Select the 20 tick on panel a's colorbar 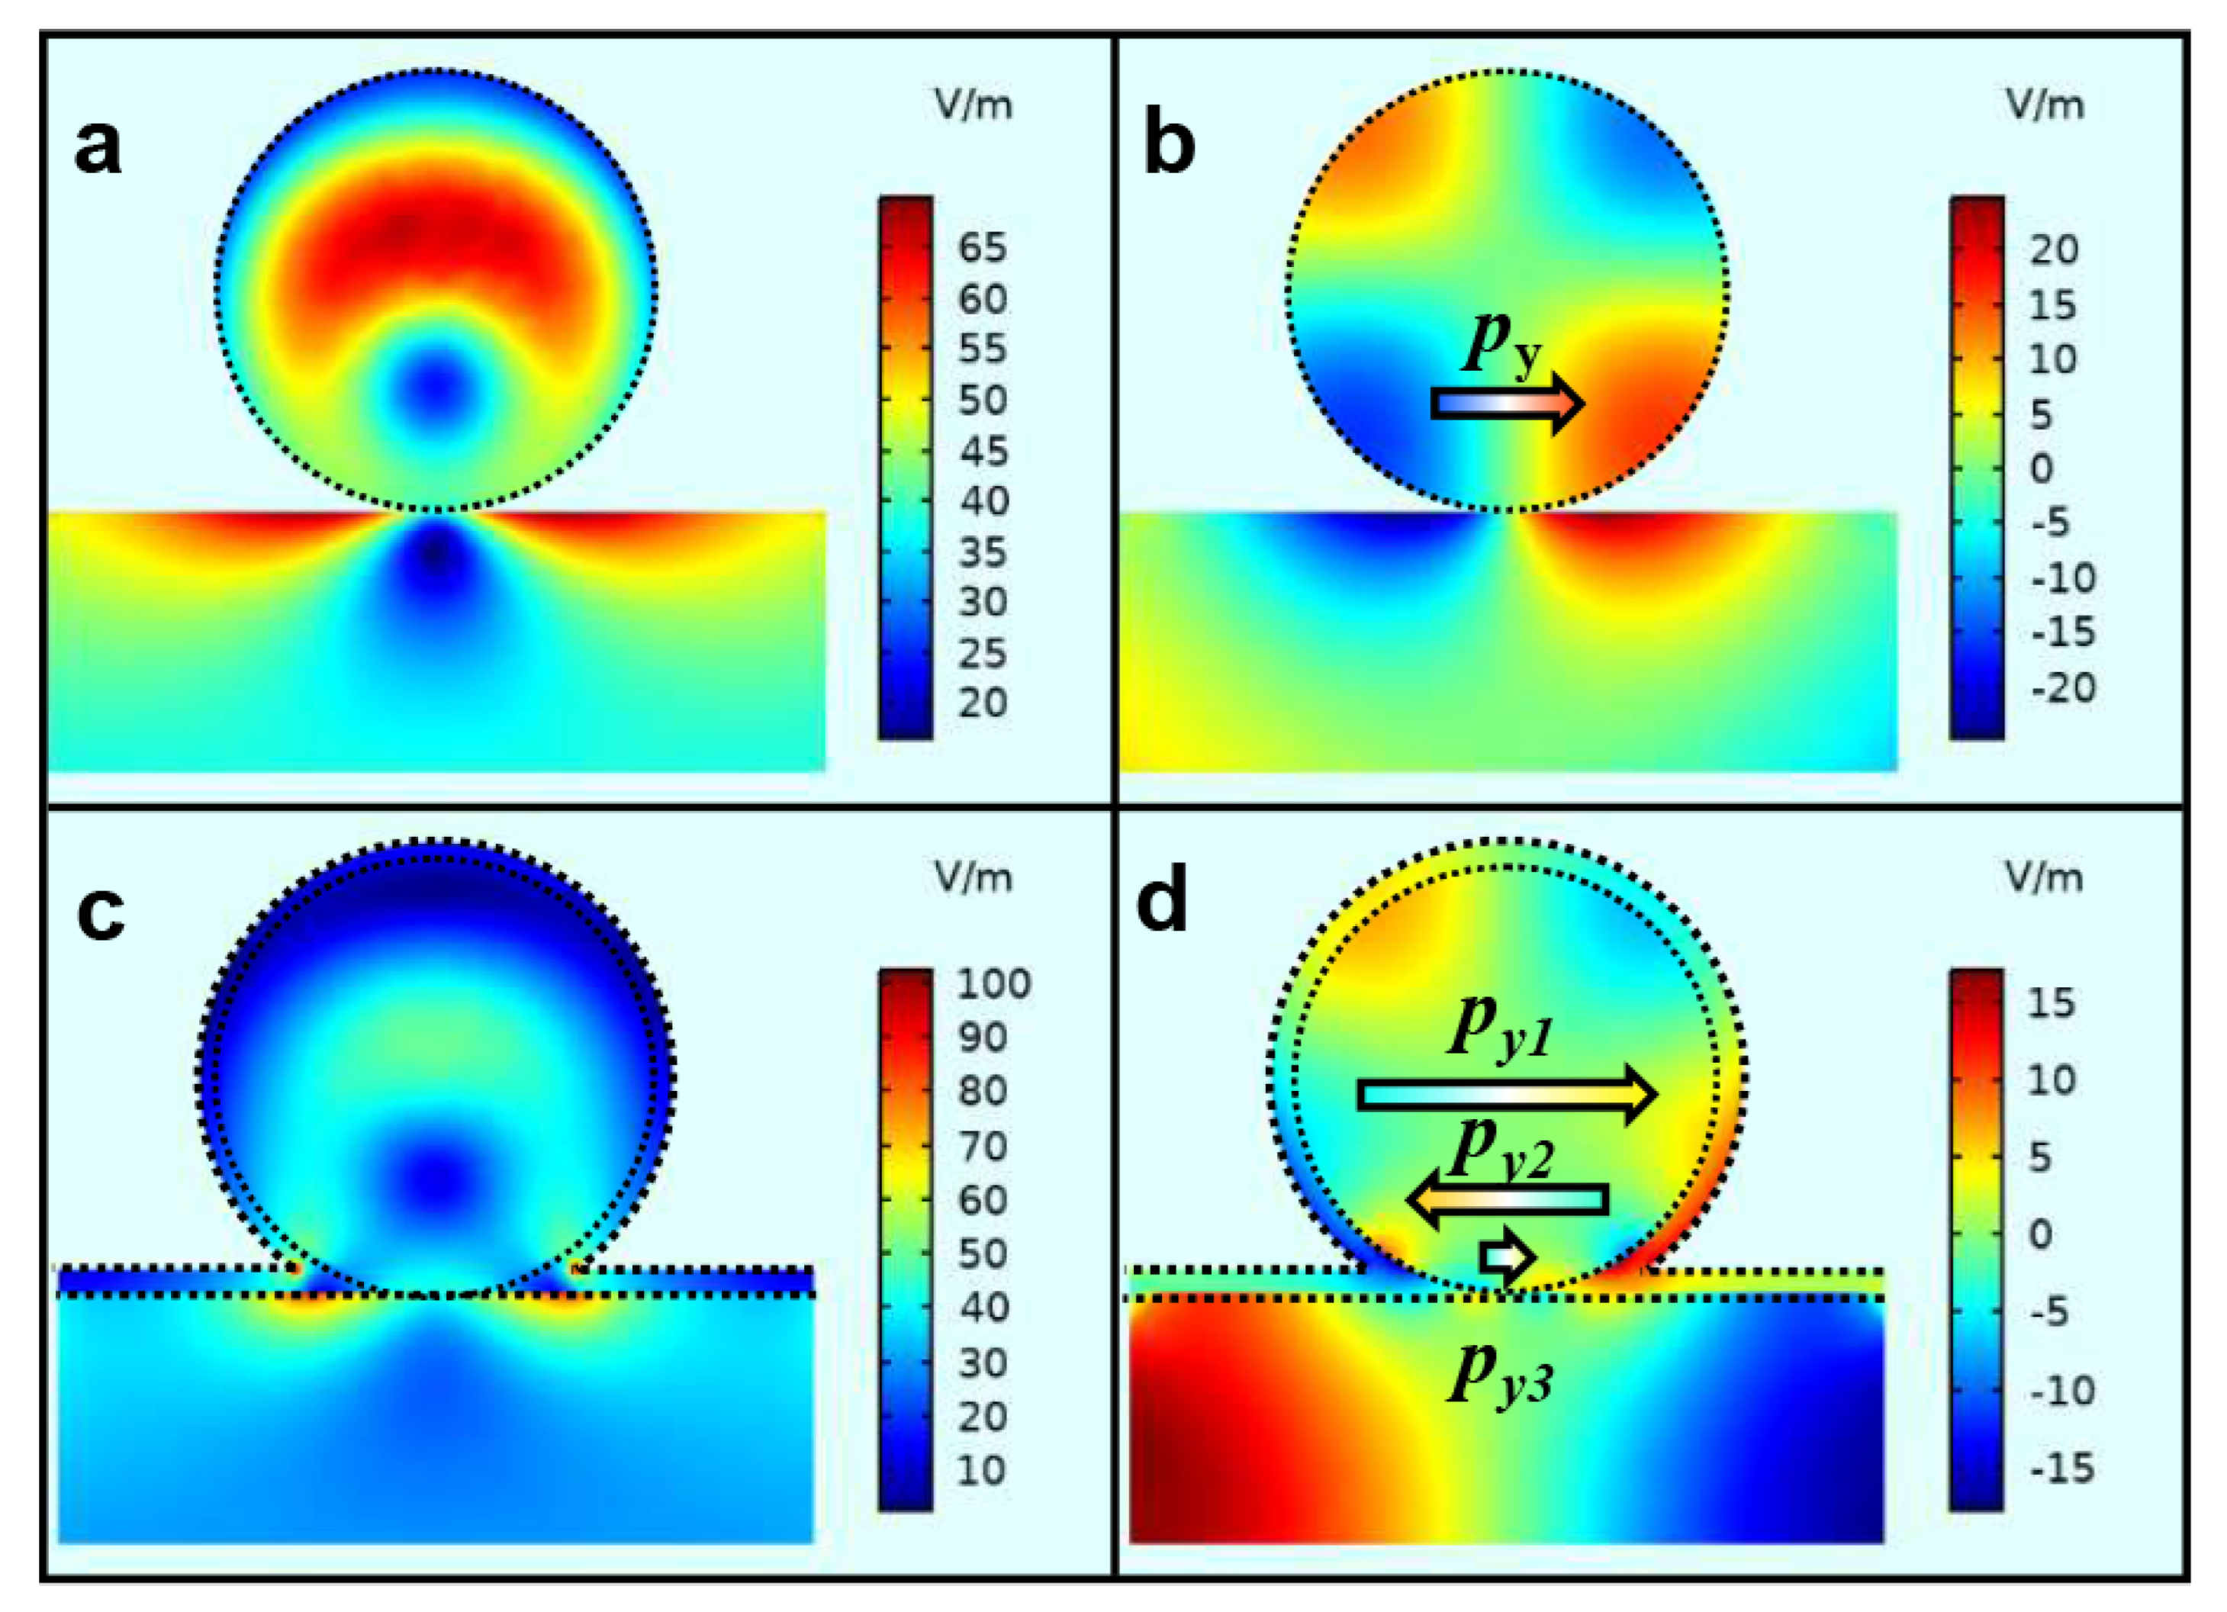983,703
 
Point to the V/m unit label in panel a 973,105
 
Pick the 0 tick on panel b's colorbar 2040,468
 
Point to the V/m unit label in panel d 2043,877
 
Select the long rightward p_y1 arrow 1508,1094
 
